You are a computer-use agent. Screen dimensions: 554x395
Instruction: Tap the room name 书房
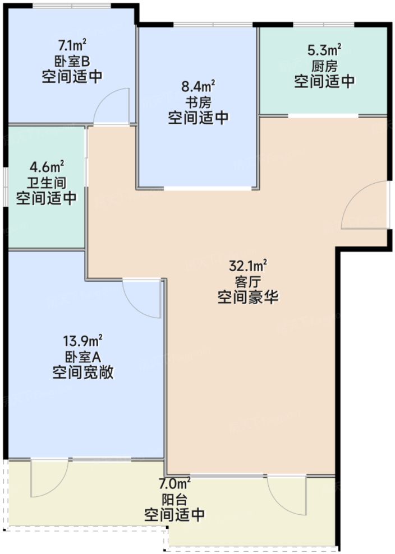click(199, 102)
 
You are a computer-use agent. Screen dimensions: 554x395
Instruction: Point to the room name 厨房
click(325, 66)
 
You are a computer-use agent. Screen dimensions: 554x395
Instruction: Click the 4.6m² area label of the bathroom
click(47, 166)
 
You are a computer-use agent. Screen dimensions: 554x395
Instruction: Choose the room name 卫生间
click(47, 182)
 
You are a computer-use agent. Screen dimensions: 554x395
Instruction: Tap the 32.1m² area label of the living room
click(249, 265)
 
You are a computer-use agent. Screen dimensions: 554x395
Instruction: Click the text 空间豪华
click(249, 297)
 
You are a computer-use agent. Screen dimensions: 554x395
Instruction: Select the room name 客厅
click(249, 281)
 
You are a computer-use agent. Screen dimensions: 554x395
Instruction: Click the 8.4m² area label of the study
click(199, 86)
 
